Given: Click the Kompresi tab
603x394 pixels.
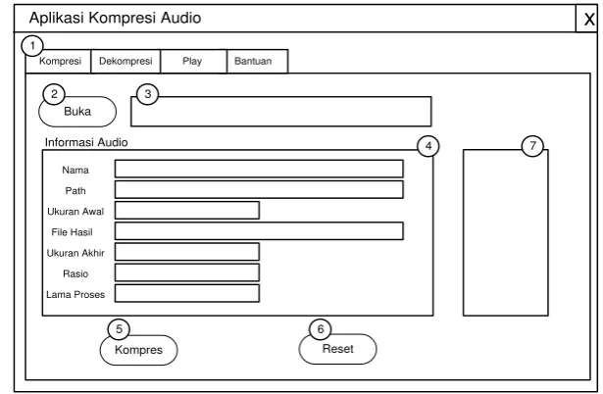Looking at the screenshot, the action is (59, 61).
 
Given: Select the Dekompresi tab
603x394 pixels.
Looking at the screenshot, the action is (126, 61).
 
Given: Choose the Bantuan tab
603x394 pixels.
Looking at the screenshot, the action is (257, 61).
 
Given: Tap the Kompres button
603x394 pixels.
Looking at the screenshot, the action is (139, 350).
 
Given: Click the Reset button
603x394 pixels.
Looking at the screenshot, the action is (337, 349).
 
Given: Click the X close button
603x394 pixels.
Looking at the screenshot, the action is (588, 19).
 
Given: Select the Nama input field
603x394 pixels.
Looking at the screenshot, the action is (259, 170).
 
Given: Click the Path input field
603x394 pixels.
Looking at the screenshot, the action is (259, 190).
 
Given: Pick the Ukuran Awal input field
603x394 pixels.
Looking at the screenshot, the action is (187, 211).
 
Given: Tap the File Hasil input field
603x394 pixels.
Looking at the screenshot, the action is (259, 231).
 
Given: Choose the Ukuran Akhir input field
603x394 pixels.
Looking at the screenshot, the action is (187, 252).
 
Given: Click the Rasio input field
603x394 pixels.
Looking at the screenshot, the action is (187, 272).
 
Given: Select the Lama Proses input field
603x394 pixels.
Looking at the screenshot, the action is (187, 294).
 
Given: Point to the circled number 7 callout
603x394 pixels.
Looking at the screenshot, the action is (532, 146).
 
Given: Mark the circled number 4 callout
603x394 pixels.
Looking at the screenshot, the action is (428, 146).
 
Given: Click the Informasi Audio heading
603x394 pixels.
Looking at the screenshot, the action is (86, 143).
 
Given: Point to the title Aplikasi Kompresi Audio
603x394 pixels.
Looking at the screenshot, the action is (115, 18).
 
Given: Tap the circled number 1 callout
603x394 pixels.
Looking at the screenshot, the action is (32, 46).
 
